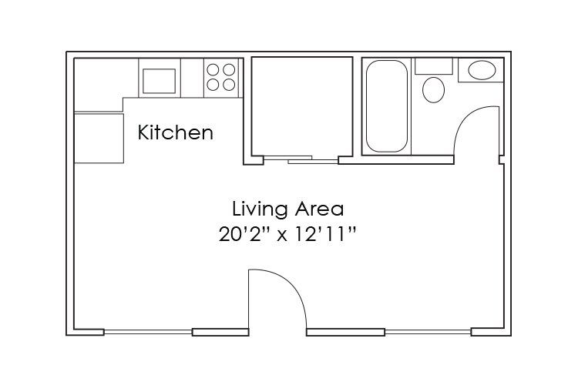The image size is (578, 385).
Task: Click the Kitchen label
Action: pyautogui.click(x=176, y=132)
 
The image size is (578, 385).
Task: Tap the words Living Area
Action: pyautogui.click(x=288, y=209)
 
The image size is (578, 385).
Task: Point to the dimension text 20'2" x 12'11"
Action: pyautogui.click(x=287, y=234)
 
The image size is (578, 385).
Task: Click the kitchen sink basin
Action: pyautogui.click(x=160, y=81)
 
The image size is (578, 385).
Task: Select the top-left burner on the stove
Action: pyautogui.click(x=213, y=69)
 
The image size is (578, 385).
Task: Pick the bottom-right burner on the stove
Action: pyautogui.click(x=229, y=85)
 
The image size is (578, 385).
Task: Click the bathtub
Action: pyautogui.click(x=387, y=106)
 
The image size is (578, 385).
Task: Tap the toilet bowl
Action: pyautogui.click(x=433, y=89)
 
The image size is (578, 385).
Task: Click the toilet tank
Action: pyautogui.click(x=434, y=66)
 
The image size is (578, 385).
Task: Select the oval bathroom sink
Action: pyautogui.click(x=482, y=70)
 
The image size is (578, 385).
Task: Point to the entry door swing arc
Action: pyautogui.click(x=291, y=285)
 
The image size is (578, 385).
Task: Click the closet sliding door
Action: pyautogui.click(x=301, y=159)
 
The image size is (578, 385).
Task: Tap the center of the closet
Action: pyautogui.click(x=302, y=106)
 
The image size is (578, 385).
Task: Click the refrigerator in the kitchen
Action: pyautogui.click(x=99, y=138)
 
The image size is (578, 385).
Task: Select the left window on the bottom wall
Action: pyautogui.click(x=148, y=333)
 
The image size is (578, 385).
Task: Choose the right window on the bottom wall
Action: pyautogui.click(x=428, y=333)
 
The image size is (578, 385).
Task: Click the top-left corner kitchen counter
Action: pyautogui.click(x=98, y=84)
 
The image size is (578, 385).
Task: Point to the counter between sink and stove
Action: pyautogui.click(x=192, y=78)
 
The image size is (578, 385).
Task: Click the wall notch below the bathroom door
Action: pyautogui.click(x=502, y=160)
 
